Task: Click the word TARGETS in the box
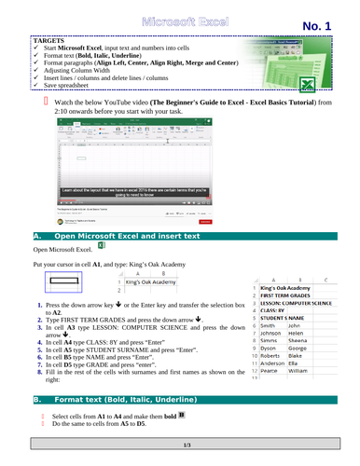pos(49,43)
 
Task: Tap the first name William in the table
pos(298,371)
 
